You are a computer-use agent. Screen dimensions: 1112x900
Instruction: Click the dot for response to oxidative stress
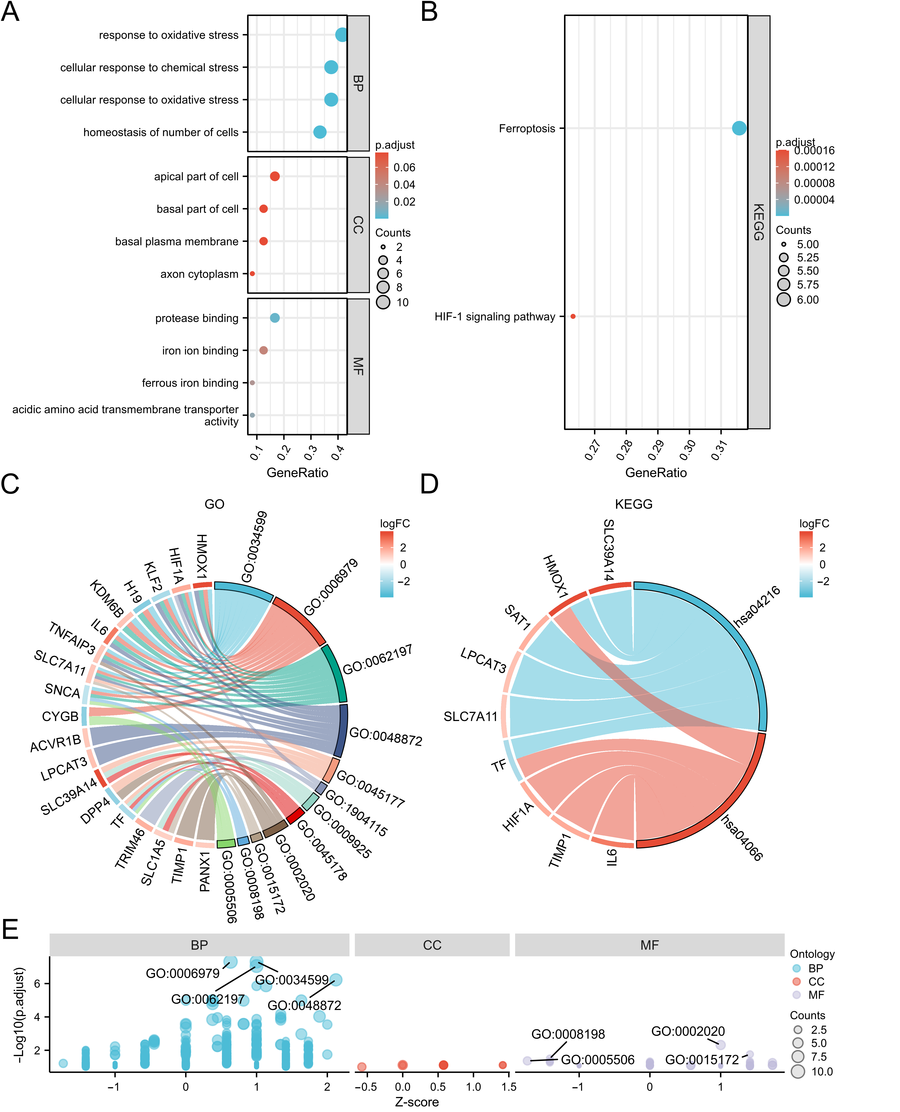[341, 35]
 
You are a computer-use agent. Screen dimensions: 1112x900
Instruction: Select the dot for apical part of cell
[275, 176]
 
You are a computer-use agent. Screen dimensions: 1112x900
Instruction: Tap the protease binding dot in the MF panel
[275, 318]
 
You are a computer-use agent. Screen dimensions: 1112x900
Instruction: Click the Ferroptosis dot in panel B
[739, 128]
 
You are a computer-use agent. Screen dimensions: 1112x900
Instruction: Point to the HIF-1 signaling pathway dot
[573, 316]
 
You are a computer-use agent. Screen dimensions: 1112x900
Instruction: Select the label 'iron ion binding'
[200, 351]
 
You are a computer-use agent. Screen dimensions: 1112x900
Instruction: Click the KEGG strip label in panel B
[759, 222]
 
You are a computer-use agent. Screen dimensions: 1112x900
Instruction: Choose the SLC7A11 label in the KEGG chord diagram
[470, 717]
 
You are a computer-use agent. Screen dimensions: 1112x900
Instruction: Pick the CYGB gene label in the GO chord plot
[60, 717]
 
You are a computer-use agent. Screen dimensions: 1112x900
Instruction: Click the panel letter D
[429, 484]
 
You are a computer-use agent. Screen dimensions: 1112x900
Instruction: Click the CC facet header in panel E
[432, 945]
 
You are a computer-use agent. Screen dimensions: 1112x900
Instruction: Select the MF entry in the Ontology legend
[816, 995]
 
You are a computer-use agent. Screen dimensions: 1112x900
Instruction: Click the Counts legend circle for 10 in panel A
[383, 302]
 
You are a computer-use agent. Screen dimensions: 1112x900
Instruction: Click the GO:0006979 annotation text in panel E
[182, 973]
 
